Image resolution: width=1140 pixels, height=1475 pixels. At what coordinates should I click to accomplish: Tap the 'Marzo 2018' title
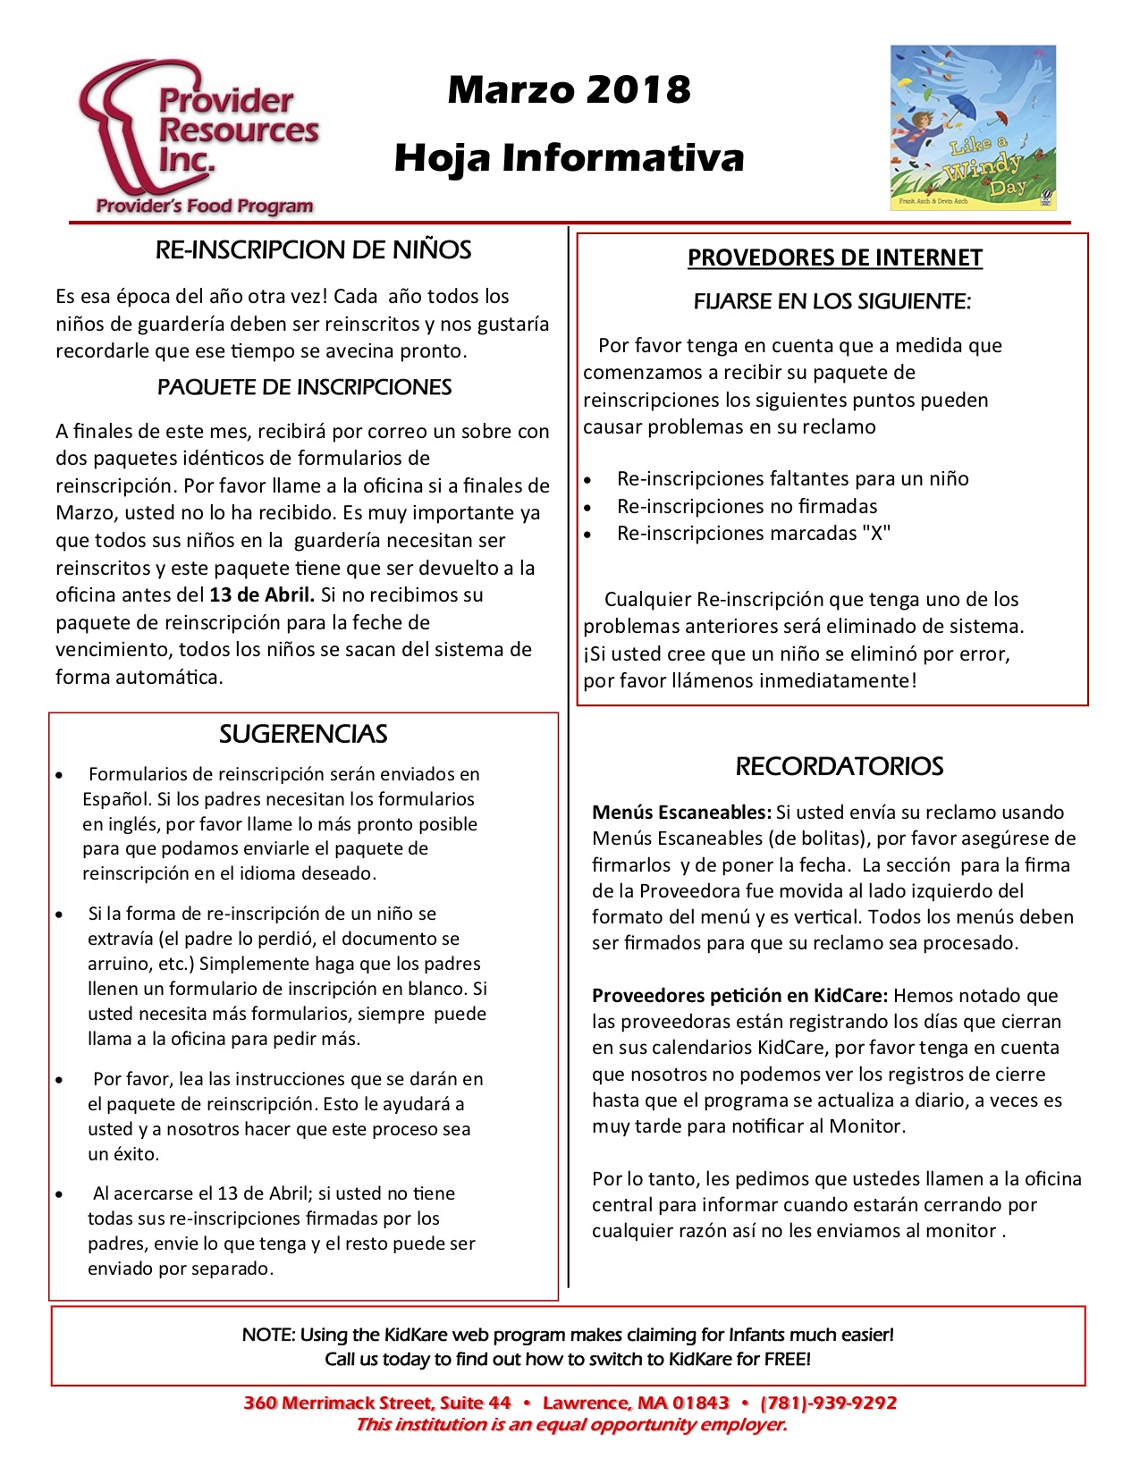(x=570, y=90)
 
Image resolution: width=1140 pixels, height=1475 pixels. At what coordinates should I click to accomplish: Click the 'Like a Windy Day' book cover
(x=973, y=128)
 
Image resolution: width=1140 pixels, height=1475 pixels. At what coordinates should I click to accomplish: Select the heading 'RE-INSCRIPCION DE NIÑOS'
(x=313, y=250)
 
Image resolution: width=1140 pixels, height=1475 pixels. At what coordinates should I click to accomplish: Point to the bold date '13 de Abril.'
(x=262, y=595)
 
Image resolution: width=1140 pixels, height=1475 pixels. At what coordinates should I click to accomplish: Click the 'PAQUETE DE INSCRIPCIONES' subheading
(x=304, y=388)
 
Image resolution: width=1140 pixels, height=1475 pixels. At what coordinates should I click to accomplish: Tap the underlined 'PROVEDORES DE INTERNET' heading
(x=834, y=258)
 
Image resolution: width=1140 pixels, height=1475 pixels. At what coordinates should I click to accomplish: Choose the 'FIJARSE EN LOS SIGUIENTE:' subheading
(x=832, y=302)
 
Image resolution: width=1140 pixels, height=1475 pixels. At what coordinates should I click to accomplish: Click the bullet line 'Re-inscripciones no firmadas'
(x=747, y=507)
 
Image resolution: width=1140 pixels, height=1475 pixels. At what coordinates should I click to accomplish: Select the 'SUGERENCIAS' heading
(x=303, y=735)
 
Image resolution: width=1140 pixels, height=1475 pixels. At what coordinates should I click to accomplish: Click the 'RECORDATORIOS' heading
(x=839, y=767)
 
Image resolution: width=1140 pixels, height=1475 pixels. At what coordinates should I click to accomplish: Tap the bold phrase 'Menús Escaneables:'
(x=681, y=813)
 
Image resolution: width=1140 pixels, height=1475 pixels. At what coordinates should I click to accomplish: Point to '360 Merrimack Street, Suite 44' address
(x=376, y=1403)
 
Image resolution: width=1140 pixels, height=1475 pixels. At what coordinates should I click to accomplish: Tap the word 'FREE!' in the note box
(x=787, y=1360)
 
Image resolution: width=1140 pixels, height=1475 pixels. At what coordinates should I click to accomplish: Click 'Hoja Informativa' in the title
(x=570, y=158)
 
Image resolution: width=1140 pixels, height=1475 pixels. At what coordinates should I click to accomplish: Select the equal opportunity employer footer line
(x=570, y=1425)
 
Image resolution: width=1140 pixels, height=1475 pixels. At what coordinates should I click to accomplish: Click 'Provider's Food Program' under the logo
(x=205, y=206)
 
